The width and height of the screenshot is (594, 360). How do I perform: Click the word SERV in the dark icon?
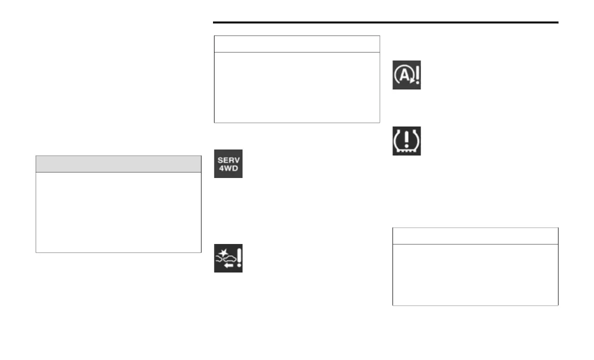coord(228,158)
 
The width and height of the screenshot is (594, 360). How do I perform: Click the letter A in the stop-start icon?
coord(403,75)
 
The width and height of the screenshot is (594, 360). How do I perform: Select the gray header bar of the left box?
coord(118,164)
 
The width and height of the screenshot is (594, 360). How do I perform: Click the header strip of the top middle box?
coord(296,44)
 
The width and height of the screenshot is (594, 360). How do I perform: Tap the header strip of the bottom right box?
coord(475,236)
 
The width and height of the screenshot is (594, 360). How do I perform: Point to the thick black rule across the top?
coord(385,22)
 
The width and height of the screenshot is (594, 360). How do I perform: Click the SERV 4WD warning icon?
coord(228,163)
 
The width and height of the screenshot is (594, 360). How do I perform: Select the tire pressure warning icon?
coord(406,140)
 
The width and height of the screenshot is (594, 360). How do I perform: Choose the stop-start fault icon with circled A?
coord(406,75)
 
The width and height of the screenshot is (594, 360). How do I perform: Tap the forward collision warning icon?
coord(228,258)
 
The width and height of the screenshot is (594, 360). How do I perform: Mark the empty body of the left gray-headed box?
coord(118,212)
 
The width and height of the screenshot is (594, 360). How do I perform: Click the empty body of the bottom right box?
coord(475,274)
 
